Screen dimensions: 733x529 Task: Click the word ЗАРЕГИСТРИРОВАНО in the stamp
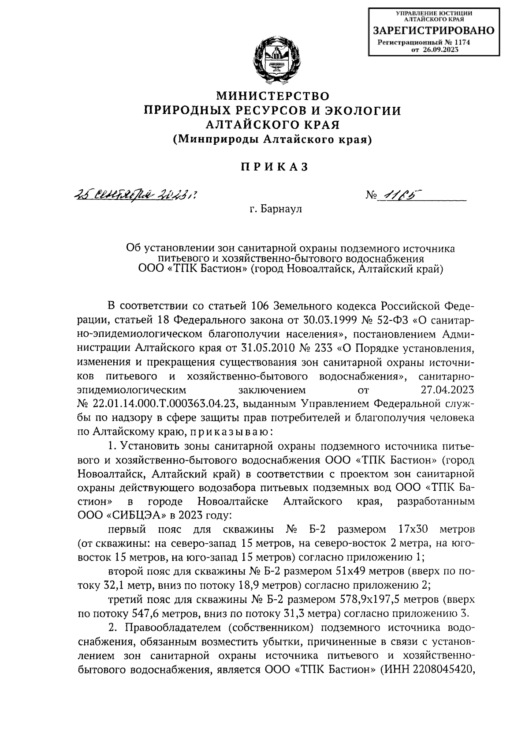point(434,31)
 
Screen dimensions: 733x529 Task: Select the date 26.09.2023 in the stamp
point(441,50)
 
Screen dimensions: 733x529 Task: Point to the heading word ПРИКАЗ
point(273,167)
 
